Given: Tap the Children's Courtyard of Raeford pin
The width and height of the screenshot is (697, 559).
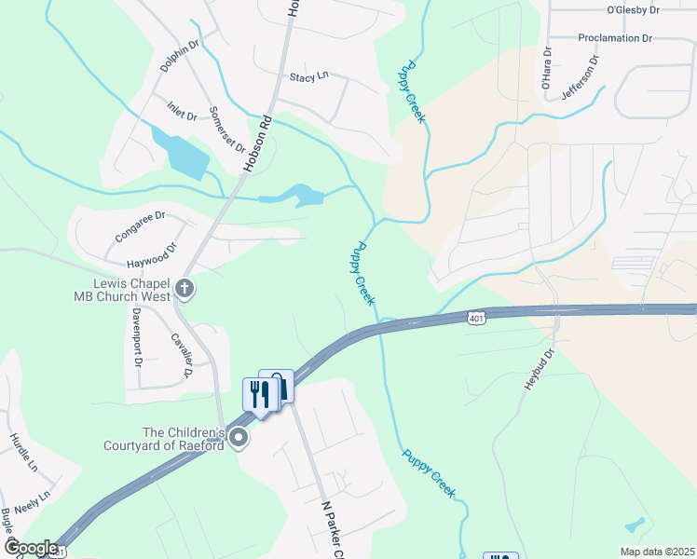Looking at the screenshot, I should point(239,438).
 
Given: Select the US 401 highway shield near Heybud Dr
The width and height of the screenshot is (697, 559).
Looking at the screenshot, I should point(476,319).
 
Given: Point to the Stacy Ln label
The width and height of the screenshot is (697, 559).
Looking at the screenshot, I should point(309,77).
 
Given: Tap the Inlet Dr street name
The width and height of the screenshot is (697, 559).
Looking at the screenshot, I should point(182,110).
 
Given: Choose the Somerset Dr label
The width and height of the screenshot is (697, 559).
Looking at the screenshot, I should point(226,130).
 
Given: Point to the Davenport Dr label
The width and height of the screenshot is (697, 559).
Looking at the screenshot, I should point(136,334).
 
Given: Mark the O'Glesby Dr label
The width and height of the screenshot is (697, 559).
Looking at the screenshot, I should point(633,10).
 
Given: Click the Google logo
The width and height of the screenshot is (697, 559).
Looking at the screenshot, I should point(31,548).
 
